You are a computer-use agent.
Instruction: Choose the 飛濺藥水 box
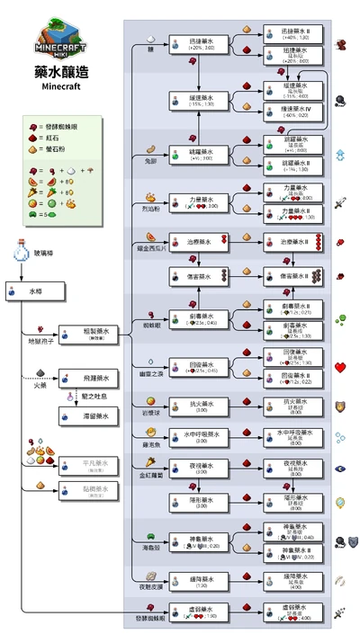click(x=90, y=380)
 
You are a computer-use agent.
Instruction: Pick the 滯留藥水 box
click(x=90, y=417)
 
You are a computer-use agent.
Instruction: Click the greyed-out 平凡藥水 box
click(x=90, y=466)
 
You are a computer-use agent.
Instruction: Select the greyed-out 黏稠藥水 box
click(x=90, y=492)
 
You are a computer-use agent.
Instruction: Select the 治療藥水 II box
click(x=290, y=242)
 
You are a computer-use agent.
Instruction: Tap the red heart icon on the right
click(x=341, y=367)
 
